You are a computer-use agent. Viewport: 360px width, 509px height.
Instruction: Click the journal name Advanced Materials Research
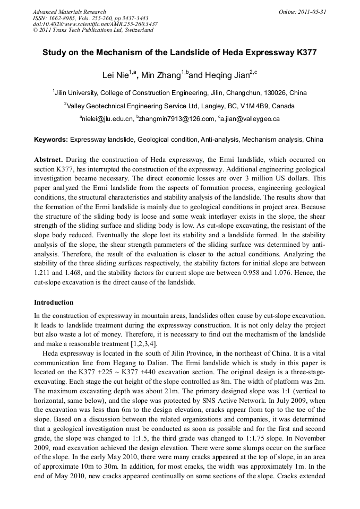click(x=69, y=12)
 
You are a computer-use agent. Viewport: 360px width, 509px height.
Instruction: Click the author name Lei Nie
click(x=116, y=75)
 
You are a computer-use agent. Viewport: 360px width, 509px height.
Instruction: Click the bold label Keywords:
click(x=51, y=140)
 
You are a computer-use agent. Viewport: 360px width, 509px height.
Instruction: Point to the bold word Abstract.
click(x=49, y=160)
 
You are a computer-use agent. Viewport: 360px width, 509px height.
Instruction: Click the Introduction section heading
click(x=54, y=303)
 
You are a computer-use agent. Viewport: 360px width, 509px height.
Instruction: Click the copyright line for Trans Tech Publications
click(x=93, y=30)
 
